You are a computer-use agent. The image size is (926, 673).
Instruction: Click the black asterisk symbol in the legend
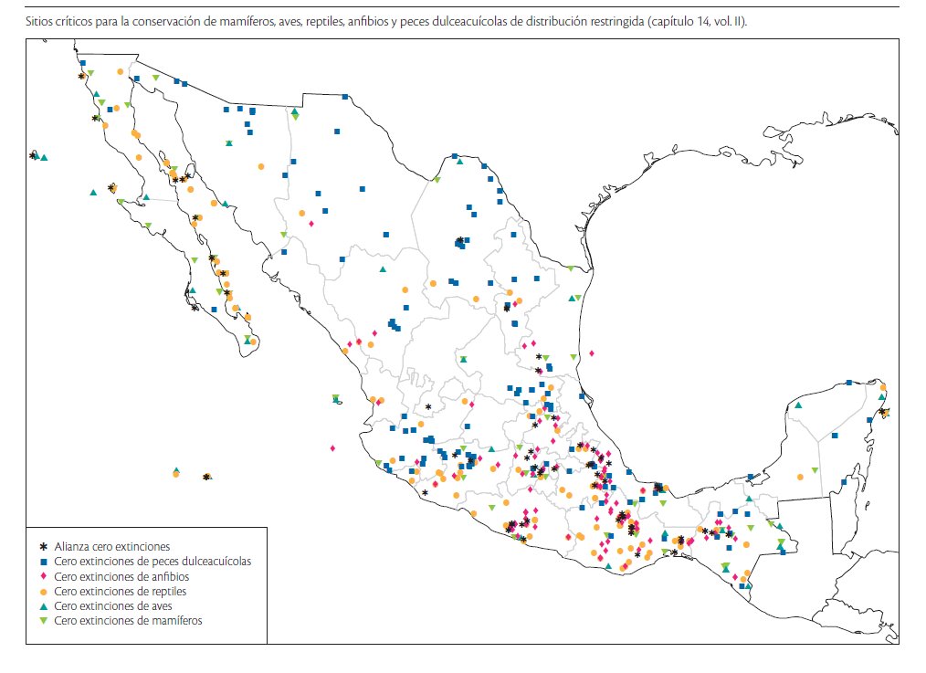pyautogui.click(x=42, y=546)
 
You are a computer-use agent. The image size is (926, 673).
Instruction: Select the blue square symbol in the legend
pyautogui.click(x=42, y=562)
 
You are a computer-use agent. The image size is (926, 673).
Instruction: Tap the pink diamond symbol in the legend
pyautogui.click(x=42, y=576)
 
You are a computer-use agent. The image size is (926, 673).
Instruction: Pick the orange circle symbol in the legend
pyautogui.click(x=42, y=591)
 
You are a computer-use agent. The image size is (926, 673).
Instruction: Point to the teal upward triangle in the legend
pyautogui.click(x=42, y=605)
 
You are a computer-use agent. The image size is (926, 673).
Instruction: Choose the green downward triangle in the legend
pyautogui.click(x=42, y=621)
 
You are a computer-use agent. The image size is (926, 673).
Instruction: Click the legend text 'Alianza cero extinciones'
pyautogui.click(x=111, y=546)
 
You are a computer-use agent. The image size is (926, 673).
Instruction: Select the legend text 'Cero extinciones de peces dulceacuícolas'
pyautogui.click(x=153, y=562)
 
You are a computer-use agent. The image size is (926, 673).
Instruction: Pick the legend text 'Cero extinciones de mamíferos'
pyautogui.click(x=128, y=621)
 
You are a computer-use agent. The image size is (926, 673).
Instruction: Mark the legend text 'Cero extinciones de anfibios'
pyautogui.click(x=121, y=576)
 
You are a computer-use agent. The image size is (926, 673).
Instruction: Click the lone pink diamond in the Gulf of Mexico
pyautogui.click(x=592, y=352)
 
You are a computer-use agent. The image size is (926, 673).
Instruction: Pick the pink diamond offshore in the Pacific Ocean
pyautogui.click(x=332, y=448)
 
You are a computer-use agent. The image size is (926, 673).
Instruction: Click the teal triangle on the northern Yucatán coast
pyautogui.click(x=798, y=405)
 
